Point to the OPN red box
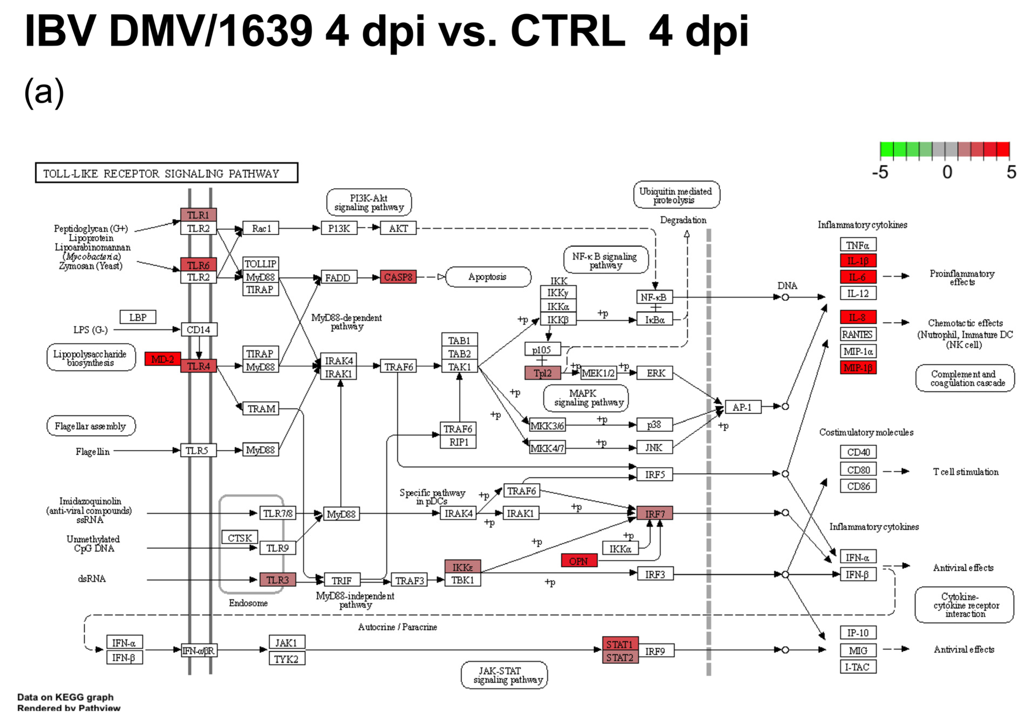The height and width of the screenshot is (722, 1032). (x=579, y=561)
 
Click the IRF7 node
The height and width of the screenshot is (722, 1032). (x=654, y=513)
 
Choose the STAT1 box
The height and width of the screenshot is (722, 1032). (x=620, y=644)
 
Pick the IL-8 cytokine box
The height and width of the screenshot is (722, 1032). (x=858, y=317)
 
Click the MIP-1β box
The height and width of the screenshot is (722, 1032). (x=858, y=368)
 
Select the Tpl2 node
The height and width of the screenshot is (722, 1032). (x=543, y=373)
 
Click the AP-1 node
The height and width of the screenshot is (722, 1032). (x=743, y=407)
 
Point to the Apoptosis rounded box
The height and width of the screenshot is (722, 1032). (x=488, y=277)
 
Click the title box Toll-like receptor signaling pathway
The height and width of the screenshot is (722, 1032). (x=166, y=173)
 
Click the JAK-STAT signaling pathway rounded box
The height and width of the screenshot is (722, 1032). (x=504, y=675)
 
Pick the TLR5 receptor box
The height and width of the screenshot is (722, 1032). (x=198, y=450)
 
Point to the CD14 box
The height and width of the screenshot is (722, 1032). (x=199, y=329)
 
